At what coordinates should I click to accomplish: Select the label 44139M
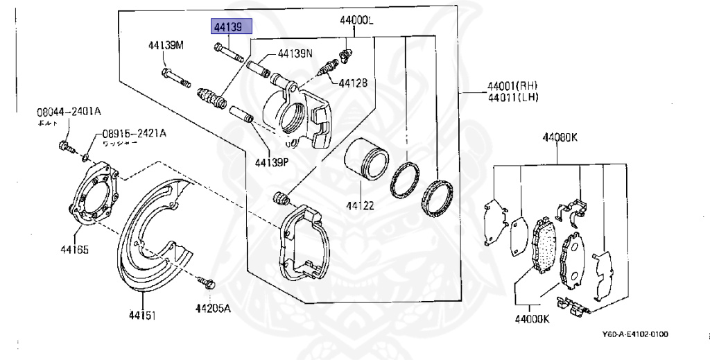166,46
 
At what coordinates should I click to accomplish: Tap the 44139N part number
295,53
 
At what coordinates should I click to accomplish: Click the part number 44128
353,83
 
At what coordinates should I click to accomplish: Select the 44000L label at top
356,21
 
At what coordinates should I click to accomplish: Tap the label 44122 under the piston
361,206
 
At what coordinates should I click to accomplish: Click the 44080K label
560,137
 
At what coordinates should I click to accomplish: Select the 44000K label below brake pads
531,319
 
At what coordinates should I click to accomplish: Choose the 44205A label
213,309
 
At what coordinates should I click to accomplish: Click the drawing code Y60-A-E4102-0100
635,334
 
